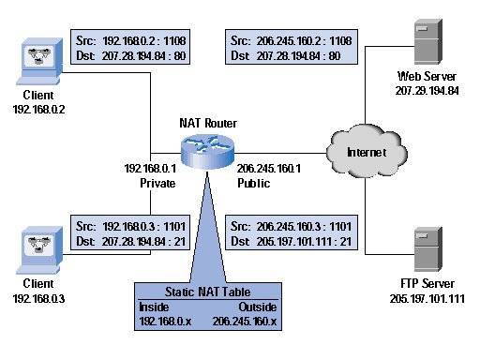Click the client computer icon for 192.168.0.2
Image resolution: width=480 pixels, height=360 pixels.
(x=34, y=56)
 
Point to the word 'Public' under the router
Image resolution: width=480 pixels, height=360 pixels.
(x=254, y=184)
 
